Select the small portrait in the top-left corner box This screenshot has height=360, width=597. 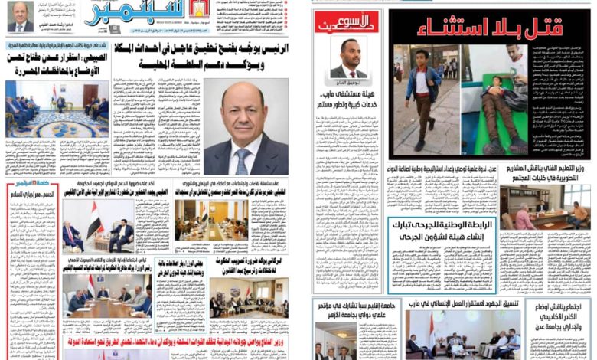tap(20, 15)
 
